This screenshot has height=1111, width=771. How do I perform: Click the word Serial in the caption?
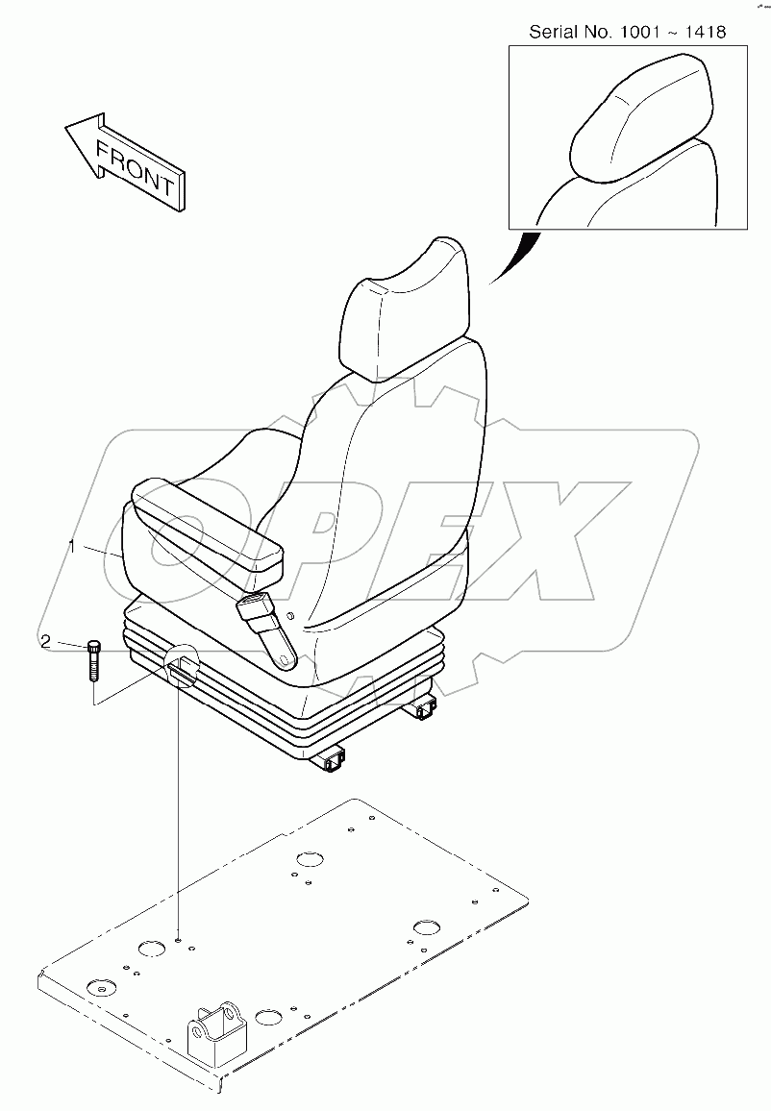click(x=551, y=32)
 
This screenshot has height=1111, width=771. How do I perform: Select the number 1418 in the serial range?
click(x=705, y=32)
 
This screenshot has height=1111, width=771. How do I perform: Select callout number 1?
click(x=72, y=546)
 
